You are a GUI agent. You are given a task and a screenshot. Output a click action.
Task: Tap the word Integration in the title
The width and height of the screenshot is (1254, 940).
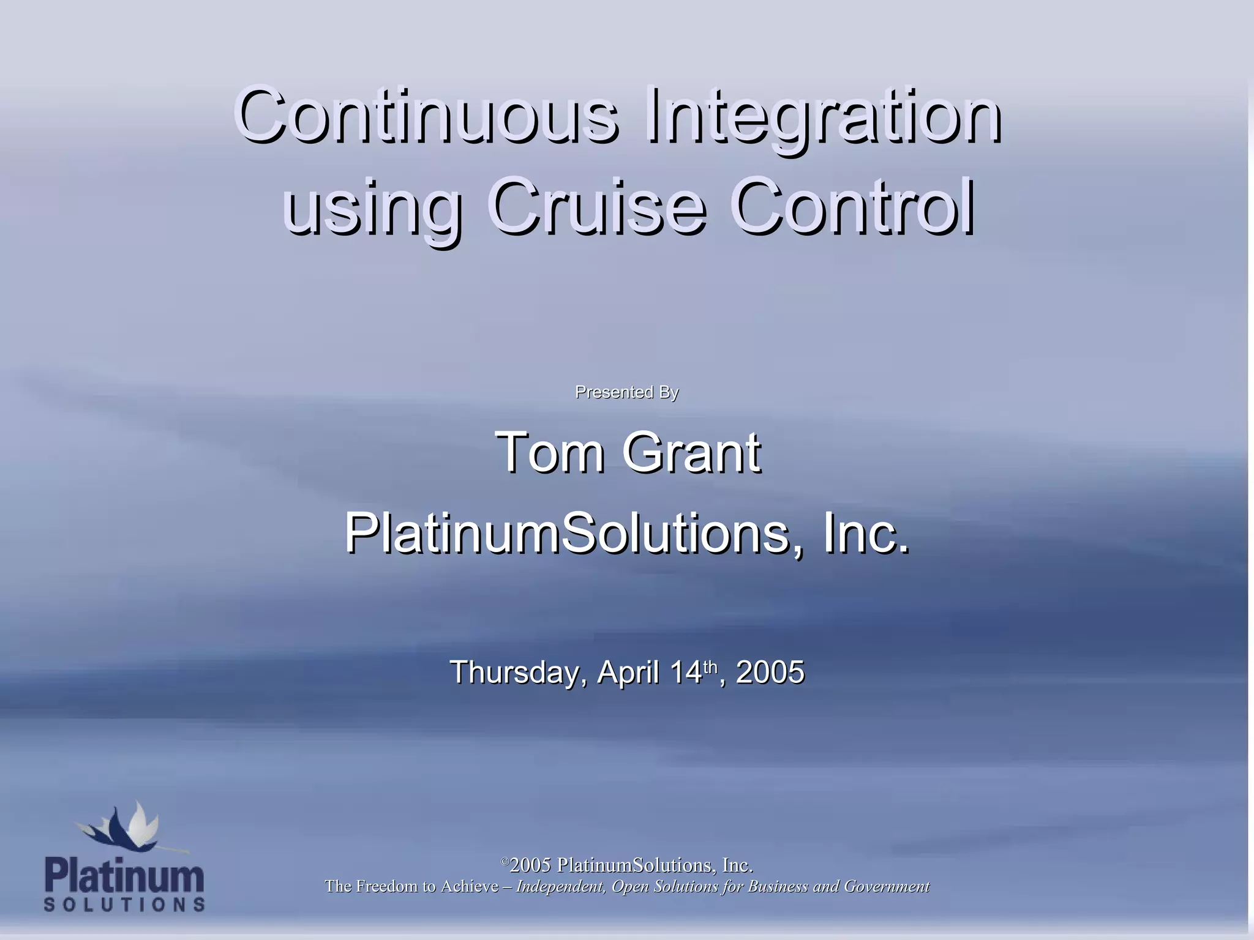pos(824,116)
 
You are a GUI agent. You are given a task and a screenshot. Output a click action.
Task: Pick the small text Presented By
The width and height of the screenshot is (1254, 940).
pos(626,392)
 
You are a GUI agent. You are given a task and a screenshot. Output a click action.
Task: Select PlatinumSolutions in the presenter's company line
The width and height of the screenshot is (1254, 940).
pos(566,533)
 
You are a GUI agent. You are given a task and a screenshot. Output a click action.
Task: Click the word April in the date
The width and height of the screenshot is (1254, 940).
pos(628,672)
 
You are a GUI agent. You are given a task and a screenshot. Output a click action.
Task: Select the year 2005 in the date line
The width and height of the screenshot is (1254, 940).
pos(770,672)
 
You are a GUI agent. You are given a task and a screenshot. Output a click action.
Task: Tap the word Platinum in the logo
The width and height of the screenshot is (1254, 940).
pos(124,876)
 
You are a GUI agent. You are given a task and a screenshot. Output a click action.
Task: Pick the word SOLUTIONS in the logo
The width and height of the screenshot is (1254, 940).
pos(124,905)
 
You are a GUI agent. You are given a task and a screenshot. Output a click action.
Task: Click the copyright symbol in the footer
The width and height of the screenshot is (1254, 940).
pos(505,862)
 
